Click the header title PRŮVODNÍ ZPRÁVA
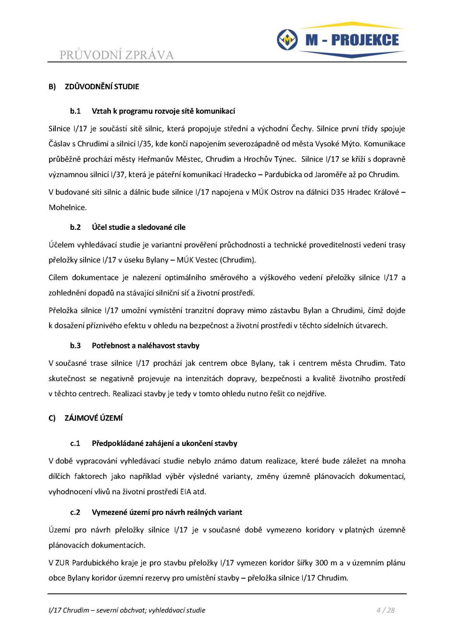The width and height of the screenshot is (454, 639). [117, 55]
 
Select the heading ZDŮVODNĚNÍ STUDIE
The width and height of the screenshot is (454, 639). [102, 87]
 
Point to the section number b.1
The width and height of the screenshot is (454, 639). [75, 111]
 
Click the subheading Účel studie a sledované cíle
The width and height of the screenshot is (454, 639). [138, 227]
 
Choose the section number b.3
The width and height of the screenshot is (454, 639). [75, 345]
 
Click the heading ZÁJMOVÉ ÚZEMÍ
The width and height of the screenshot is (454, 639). [94, 418]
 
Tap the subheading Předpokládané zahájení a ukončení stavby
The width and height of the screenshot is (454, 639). [164, 443]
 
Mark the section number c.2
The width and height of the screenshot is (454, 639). [75, 512]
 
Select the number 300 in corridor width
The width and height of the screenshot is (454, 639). [321, 563]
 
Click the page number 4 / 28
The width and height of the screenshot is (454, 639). [385, 610]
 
